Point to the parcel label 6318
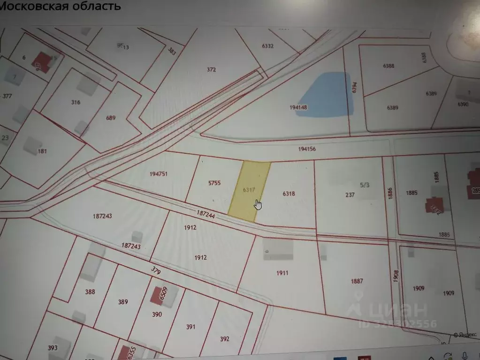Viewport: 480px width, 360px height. coord(289,194)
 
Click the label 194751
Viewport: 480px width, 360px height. coord(159,174)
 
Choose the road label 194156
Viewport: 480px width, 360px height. coord(307,149)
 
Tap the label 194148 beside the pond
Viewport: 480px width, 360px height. coord(298,107)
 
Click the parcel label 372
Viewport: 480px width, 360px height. coord(211,70)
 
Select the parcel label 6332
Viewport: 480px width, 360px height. coord(267,46)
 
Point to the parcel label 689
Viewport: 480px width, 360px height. coord(111,118)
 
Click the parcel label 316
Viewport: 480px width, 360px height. coord(76,102)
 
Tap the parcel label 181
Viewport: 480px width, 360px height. coord(43,151)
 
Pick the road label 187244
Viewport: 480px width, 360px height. coord(206,213)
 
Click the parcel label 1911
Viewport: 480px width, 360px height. coord(282,273)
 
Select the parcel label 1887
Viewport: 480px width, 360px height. coord(357,281)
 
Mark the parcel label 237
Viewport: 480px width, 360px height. coord(350,195)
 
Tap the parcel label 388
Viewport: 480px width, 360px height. coord(90,292)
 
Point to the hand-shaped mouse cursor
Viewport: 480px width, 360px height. coord(258,205)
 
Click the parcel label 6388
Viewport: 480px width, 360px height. coord(388,66)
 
